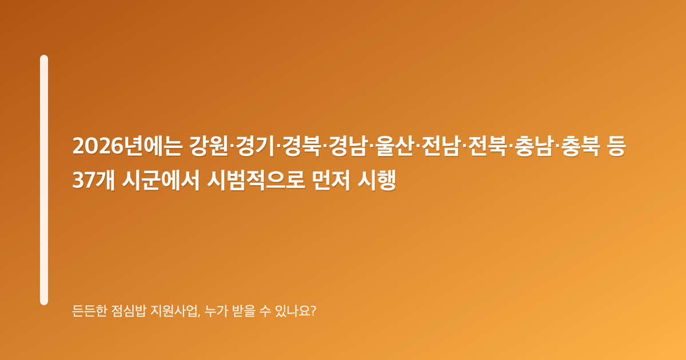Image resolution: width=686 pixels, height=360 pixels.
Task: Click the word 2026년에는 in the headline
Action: click(x=127, y=146)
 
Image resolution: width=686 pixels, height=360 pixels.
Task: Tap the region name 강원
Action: click(x=208, y=146)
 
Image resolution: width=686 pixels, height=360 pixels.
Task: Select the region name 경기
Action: click(x=255, y=146)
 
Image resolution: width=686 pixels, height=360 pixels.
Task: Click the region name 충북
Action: click(x=581, y=146)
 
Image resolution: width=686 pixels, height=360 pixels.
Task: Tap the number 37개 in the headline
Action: click(x=93, y=180)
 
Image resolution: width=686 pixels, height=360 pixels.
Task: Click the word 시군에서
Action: click(x=161, y=180)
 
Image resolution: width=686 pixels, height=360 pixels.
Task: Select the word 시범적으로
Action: click(x=256, y=180)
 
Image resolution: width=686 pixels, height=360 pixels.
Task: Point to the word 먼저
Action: click(x=331, y=180)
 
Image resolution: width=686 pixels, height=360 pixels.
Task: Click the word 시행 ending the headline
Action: click(x=377, y=180)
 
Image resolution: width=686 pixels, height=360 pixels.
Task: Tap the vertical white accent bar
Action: click(x=44, y=180)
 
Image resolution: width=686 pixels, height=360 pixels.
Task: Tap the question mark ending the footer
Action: click(x=313, y=311)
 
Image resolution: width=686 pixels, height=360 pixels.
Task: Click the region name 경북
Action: click(x=302, y=146)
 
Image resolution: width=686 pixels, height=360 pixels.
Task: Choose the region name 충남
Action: click(x=535, y=146)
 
